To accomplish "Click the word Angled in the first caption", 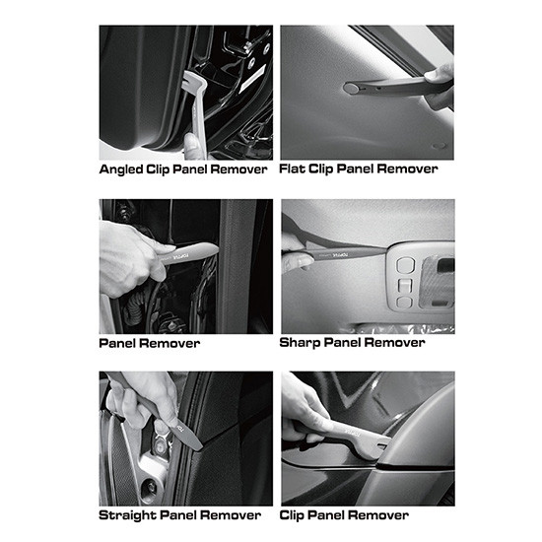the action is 121,169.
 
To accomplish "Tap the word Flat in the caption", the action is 292,169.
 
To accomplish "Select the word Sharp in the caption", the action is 300,343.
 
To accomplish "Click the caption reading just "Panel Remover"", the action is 150,343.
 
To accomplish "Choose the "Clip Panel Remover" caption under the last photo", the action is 344,515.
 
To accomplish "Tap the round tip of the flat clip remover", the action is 352,89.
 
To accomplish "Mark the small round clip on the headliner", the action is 439,146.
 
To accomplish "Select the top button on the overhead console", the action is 403,265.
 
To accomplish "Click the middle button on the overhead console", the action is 404,286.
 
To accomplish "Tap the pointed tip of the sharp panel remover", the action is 388,248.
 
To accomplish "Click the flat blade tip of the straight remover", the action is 198,445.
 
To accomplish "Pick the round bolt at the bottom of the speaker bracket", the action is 151,487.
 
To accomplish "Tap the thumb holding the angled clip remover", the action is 191,146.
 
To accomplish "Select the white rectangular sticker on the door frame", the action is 252,79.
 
